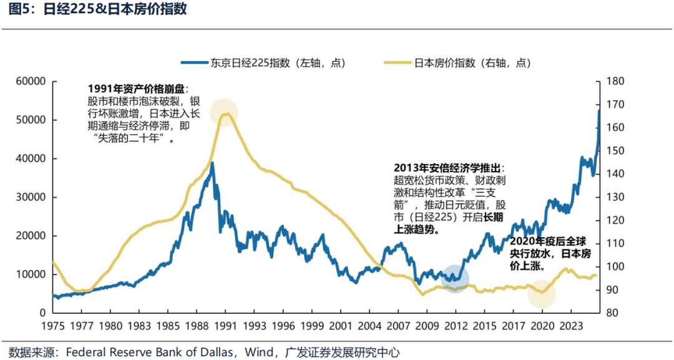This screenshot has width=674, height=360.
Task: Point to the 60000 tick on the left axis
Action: pos(31,81)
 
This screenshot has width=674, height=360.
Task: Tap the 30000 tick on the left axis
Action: pos(31,197)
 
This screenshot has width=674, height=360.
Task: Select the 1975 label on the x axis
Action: pos(53,325)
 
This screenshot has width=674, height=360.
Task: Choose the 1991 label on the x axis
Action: pos(226,325)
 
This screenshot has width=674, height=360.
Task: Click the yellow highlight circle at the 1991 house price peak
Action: pos(224,112)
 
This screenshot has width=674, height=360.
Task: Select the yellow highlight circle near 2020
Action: pos(541,293)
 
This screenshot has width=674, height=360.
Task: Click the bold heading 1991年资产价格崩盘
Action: pos(137,89)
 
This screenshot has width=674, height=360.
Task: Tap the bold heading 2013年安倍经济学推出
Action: pos(448,168)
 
